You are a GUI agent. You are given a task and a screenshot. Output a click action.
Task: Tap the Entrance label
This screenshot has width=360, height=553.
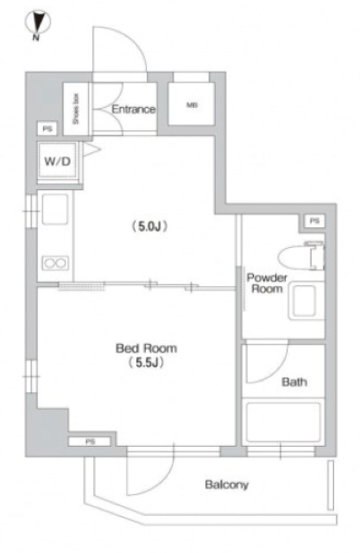134,109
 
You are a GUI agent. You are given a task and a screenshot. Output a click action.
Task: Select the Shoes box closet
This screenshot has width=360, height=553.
76,109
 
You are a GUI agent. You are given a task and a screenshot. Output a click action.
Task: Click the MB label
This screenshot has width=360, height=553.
192,105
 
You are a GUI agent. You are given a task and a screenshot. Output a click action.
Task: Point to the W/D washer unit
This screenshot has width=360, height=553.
57,162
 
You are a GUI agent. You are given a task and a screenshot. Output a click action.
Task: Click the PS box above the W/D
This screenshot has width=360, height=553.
47,129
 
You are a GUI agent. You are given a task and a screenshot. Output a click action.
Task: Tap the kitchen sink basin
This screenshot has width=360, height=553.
55,209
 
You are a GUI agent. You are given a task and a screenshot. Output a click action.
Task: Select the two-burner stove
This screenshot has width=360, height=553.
55,263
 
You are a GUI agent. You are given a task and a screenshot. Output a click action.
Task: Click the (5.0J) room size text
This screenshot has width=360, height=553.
149,226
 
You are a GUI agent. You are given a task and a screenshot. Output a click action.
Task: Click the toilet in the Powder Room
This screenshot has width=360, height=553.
301,256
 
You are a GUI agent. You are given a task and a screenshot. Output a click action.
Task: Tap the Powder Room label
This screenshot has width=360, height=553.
267,283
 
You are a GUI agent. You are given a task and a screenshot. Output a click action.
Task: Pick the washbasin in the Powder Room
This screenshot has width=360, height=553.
306,302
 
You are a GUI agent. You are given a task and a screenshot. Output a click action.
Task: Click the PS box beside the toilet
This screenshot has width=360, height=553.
314,221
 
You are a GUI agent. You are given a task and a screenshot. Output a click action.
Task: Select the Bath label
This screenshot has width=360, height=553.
294,382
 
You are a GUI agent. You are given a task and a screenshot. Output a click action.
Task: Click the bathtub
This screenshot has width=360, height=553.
283,423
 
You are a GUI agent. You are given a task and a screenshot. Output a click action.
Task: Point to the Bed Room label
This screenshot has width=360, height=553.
146,348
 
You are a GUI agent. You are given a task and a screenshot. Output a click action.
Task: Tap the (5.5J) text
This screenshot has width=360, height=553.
146,363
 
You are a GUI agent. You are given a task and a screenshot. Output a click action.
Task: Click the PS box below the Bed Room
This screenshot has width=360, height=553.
90,442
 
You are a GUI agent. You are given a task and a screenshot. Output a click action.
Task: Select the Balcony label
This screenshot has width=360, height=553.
226,485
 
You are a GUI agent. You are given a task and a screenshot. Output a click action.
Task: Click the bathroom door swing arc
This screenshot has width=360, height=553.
276,372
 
